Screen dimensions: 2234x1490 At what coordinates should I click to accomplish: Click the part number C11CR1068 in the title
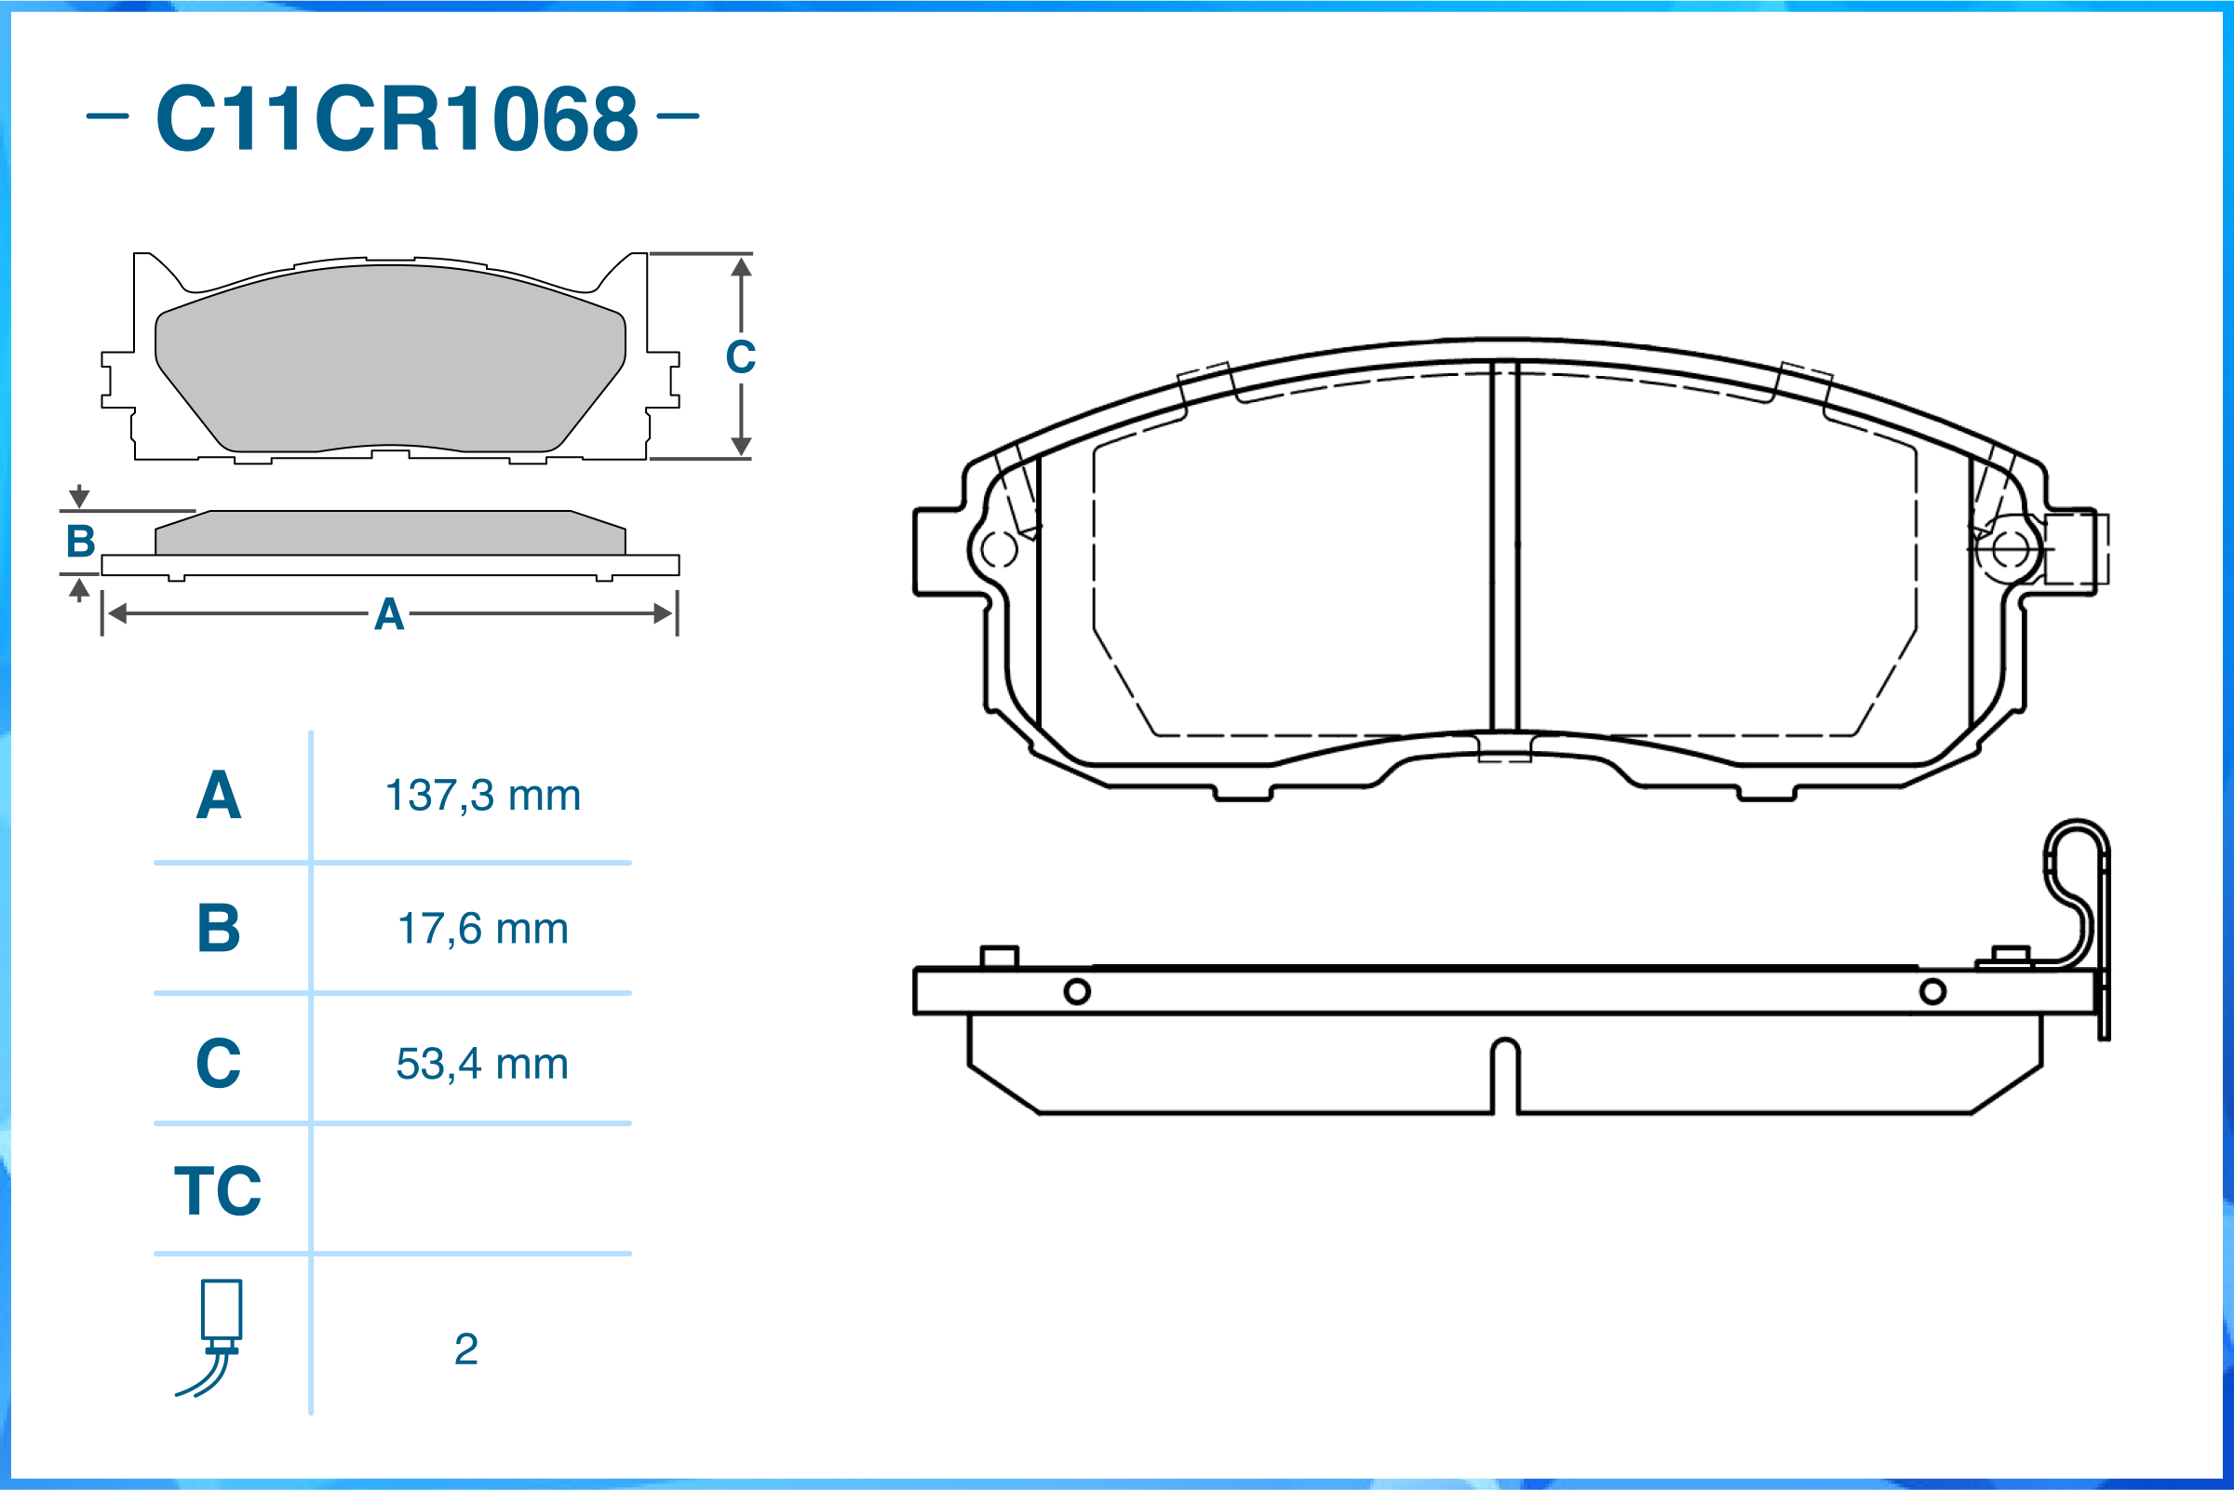[x=397, y=118]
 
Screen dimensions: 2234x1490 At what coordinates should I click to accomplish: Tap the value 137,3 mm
[x=483, y=796]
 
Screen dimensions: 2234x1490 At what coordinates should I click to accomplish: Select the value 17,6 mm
[x=483, y=929]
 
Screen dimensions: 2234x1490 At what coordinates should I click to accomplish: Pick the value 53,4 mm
[x=483, y=1064]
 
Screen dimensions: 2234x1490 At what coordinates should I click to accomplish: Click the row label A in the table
[x=219, y=795]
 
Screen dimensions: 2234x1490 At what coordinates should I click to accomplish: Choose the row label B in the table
[x=219, y=928]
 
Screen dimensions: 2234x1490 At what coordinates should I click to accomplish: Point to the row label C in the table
[x=219, y=1063]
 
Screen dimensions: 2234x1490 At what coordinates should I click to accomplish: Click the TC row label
[x=218, y=1189]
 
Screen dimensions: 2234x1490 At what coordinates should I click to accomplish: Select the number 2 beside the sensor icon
[x=465, y=1349]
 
